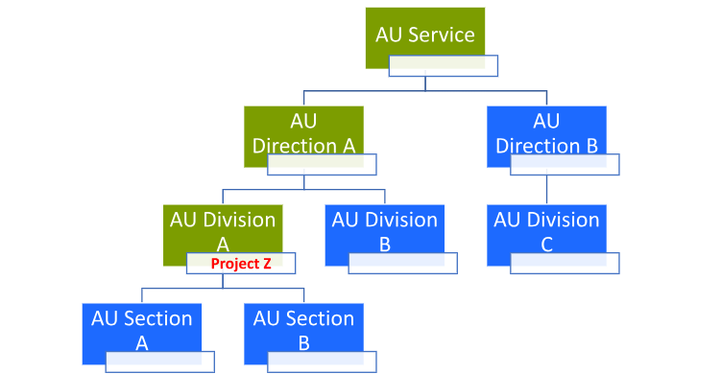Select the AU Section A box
pos(141,326)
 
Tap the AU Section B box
pos(303,326)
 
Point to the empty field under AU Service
pos(443,66)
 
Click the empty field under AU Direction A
pos(322,164)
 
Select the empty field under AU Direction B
pos(565,164)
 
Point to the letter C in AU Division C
pos(546,245)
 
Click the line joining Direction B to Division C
pos(546,190)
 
